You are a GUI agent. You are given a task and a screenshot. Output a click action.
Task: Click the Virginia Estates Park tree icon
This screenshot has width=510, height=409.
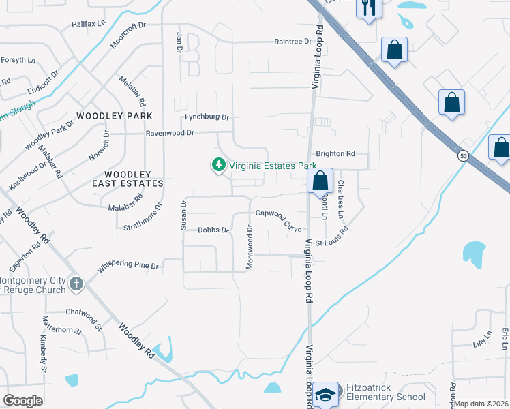(x=218, y=165)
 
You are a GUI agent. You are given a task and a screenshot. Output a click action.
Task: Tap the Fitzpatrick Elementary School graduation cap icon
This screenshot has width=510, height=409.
(x=327, y=394)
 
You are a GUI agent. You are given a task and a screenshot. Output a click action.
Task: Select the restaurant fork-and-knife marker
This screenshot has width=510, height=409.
(x=369, y=8)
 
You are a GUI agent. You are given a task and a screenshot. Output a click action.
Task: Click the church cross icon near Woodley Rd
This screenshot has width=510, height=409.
(x=76, y=284)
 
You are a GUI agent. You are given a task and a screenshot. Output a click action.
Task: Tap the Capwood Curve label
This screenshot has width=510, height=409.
(x=279, y=215)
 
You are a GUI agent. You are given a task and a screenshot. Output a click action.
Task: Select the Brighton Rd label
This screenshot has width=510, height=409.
(x=335, y=154)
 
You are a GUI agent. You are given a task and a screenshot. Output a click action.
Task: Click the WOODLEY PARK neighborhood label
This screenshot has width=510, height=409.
(x=115, y=117)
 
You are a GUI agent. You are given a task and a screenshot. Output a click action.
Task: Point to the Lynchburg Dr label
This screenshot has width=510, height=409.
(x=201, y=117)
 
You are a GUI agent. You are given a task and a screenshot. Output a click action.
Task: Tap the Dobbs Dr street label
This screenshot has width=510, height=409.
(x=213, y=230)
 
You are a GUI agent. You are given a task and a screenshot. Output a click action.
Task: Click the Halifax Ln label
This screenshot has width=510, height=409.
(x=89, y=24)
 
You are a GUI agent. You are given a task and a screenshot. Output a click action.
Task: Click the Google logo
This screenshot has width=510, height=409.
(x=22, y=401)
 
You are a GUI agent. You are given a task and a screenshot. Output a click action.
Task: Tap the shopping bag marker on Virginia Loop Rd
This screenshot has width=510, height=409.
(x=320, y=181)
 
